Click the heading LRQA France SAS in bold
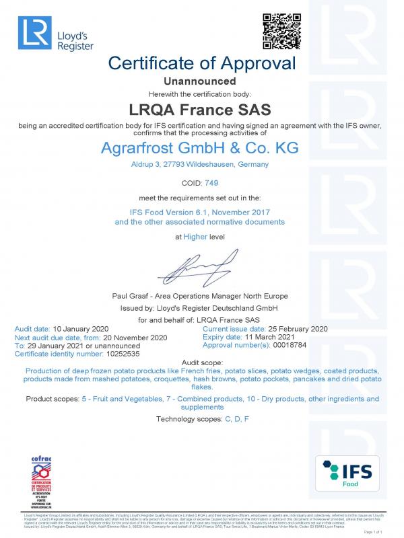[x=202, y=108]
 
